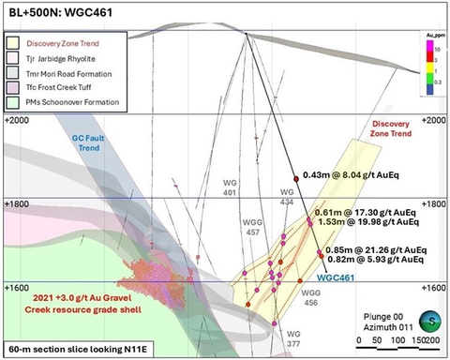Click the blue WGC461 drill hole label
tap(334, 277)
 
